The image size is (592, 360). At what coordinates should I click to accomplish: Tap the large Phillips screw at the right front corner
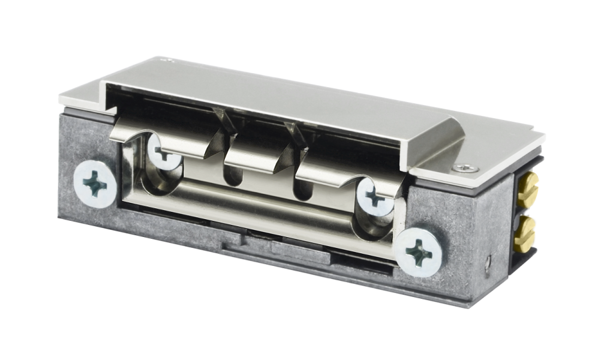point(420,253)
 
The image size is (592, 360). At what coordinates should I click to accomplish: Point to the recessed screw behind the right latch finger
point(374,196)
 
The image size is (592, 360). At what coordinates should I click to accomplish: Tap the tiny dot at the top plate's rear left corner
point(170,60)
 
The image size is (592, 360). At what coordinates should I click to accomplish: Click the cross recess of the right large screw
point(420,253)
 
